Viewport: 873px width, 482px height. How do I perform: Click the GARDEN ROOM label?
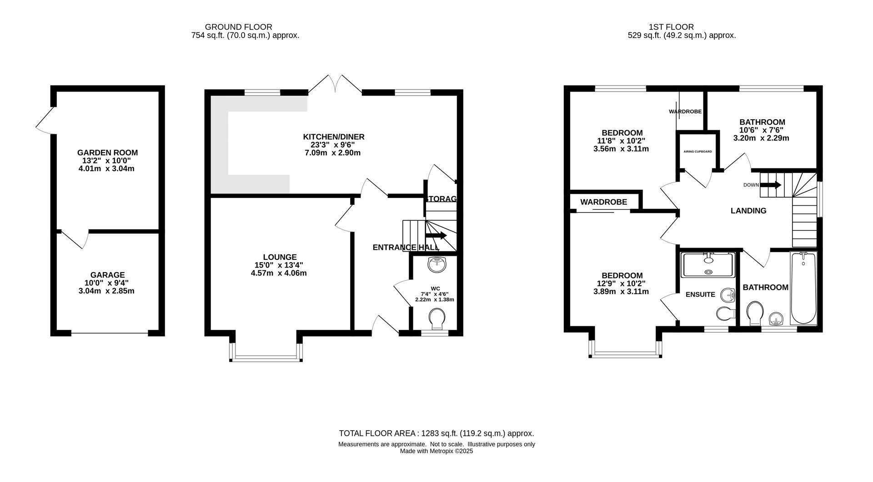click(107, 153)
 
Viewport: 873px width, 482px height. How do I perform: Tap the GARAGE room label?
click(107, 275)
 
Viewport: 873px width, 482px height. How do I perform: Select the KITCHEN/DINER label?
click(334, 137)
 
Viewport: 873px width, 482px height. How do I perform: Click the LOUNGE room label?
click(280, 257)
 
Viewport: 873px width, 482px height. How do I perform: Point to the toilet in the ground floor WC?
click(437, 319)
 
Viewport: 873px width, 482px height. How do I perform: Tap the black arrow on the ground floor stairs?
click(436, 235)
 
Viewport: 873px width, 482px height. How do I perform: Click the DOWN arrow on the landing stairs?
click(771, 185)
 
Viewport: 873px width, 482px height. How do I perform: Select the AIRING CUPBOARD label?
click(697, 152)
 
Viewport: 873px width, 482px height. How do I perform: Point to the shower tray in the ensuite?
click(707, 265)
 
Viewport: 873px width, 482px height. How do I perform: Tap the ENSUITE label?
click(700, 294)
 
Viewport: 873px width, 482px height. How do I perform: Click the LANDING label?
click(748, 211)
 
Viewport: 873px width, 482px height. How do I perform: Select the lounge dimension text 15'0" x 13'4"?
click(279, 265)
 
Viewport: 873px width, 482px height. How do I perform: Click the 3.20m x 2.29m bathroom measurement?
click(761, 138)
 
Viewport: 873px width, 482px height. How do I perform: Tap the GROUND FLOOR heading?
click(239, 27)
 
